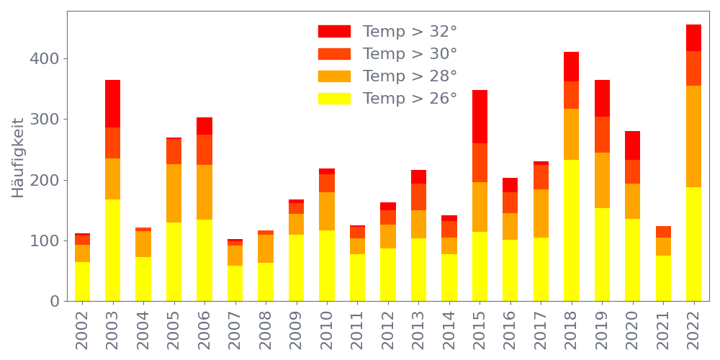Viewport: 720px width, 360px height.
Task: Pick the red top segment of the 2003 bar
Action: point(112,104)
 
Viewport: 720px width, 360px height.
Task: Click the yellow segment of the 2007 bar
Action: point(235,283)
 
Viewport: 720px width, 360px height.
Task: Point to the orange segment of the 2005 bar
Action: point(174,193)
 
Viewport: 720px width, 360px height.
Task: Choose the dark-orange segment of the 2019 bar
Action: point(602,135)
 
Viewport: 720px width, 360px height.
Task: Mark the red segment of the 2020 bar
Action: point(632,145)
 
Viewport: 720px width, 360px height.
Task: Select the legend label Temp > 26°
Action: point(410,98)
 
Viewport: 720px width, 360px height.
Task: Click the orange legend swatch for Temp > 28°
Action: point(334,76)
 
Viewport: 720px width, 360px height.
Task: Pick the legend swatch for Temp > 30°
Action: point(334,54)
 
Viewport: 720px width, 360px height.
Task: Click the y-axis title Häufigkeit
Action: point(18,158)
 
